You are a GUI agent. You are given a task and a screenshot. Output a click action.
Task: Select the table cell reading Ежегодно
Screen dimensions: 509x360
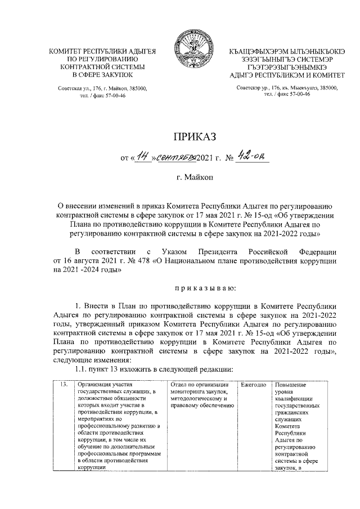[x=253, y=385]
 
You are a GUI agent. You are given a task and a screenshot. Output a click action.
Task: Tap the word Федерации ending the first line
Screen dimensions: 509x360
[x=318, y=251]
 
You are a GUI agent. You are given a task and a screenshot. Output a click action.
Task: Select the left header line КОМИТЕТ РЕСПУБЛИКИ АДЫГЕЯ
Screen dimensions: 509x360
[x=103, y=52]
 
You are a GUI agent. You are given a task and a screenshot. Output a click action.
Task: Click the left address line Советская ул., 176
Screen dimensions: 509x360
[x=103, y=88]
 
